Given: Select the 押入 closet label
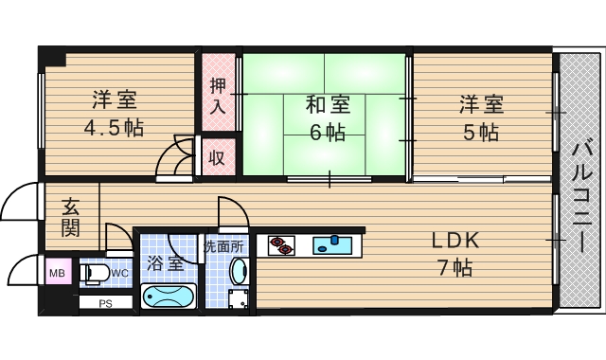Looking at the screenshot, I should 218,95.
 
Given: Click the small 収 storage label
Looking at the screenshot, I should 217,157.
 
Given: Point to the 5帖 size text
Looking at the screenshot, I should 480,132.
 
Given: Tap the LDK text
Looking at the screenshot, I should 456,241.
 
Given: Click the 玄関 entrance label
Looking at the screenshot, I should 71,217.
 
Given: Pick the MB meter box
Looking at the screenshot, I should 56,275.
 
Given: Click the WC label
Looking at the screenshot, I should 119,274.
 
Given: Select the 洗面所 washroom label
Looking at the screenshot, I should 224,246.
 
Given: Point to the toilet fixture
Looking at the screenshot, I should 96,275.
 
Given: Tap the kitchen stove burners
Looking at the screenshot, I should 281,245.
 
